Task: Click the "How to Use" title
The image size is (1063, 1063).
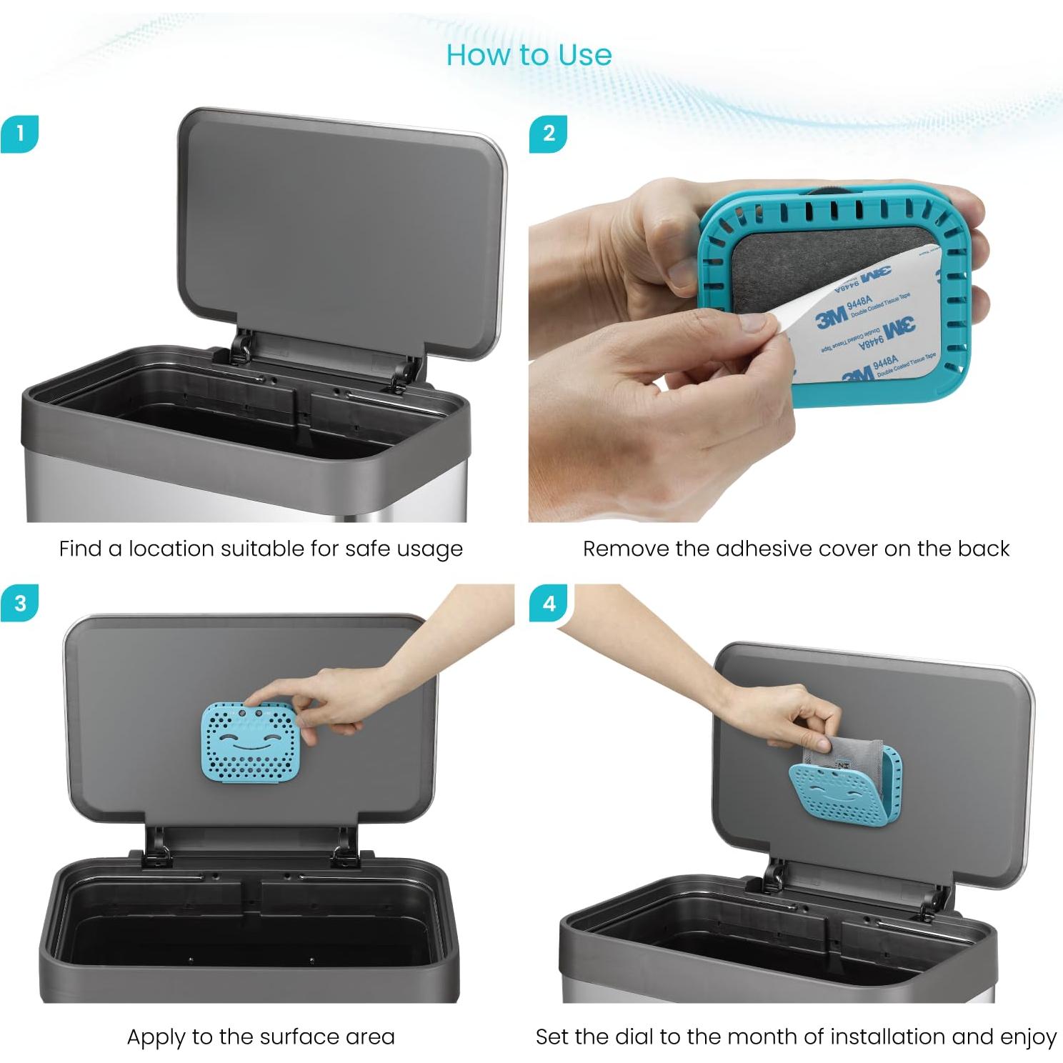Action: click(529, 55)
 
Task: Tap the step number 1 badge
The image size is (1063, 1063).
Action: click(19, 134)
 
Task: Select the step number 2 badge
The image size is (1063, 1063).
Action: click(548, 134)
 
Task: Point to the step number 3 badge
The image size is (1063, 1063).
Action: click(19, 603)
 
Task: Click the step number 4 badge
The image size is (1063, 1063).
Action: click(548, 603)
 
